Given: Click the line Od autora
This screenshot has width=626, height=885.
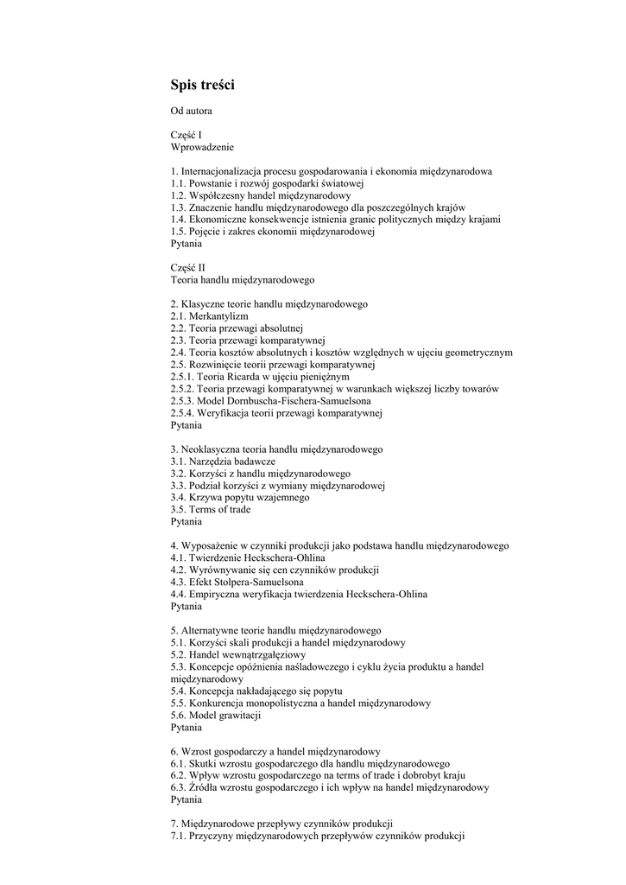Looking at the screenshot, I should tap(191, 111).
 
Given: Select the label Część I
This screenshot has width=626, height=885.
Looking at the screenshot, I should tap(187, 136).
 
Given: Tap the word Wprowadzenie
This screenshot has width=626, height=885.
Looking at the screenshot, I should tap(202, 148).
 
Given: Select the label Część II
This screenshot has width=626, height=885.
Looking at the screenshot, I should tap(188, 268).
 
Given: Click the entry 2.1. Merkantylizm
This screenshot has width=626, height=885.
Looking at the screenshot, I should tap(203, 316).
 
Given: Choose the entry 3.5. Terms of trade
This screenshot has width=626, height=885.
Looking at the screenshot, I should tap(211, 510).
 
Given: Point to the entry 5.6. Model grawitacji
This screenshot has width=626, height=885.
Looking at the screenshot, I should tap(216, 716).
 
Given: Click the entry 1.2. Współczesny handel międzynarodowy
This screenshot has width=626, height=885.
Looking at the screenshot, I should tap(254, 195).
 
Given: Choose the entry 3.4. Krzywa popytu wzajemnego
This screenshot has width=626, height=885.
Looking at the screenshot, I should tap(239, 498).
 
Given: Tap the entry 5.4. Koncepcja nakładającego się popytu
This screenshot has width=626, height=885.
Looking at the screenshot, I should tap(256, 691).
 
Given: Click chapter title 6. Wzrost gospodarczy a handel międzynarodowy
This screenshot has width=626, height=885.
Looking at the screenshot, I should tap(275, 752).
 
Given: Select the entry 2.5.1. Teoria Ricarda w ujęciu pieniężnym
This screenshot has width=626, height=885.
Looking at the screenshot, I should tap(260, 377).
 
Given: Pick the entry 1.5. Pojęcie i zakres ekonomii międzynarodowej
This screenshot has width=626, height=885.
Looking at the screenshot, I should tap(272, 232).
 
